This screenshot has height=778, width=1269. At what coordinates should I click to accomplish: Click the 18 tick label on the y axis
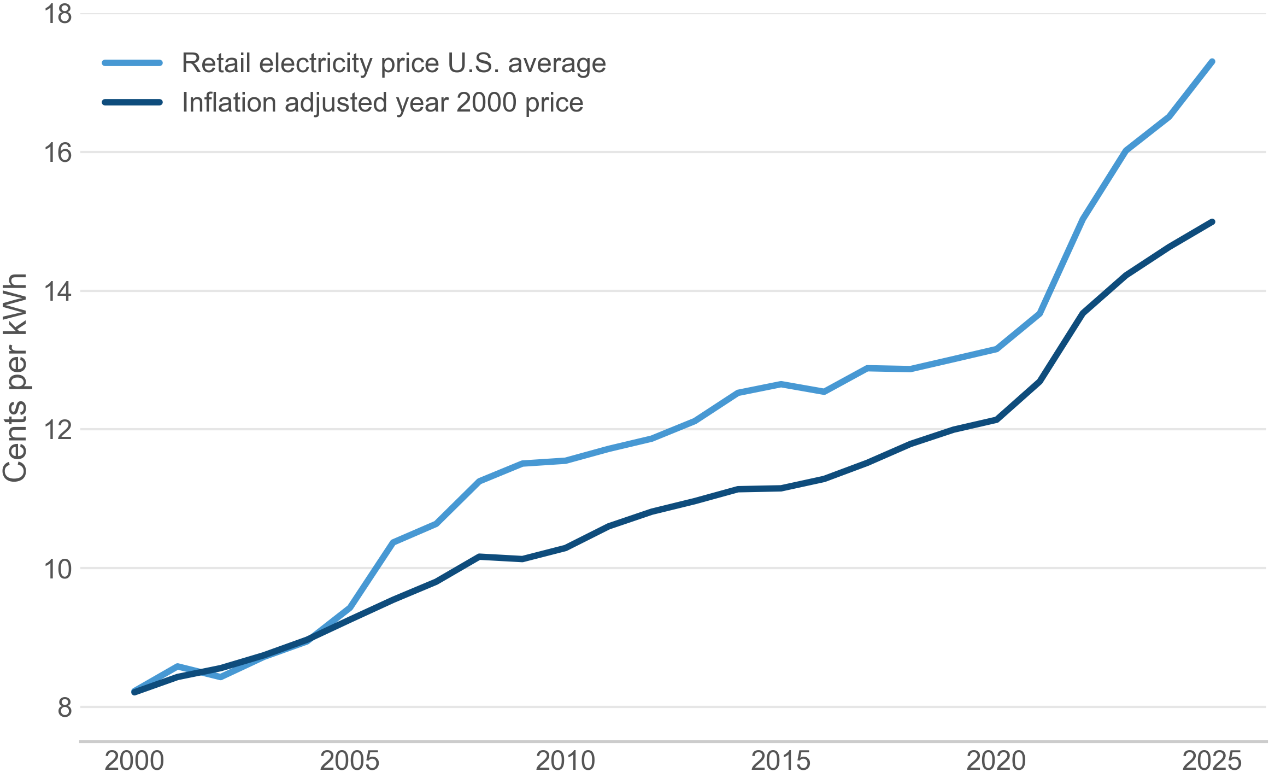pyautogui.click(x=57, y=14)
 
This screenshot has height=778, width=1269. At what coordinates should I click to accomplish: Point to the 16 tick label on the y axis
pyautogui.click(x=57, y=153)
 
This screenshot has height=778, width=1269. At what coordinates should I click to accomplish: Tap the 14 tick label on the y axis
pyautogui.click(x=57, y=291)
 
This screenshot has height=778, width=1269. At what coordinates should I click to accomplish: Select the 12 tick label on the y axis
pyautogui.click(x=57, y=430)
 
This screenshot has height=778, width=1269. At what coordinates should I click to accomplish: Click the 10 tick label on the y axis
pyautogui.click(x=57, y=569)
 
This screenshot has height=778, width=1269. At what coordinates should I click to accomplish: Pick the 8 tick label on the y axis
pyautogui.click(x=64, y=707)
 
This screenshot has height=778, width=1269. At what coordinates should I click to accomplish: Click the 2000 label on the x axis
pyautogui.click(x=134, y=761)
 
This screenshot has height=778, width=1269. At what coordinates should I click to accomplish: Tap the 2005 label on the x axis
pyautogui.click(x=349, y=761)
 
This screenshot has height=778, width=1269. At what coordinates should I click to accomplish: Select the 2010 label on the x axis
pyautogui.click(x=565, y=761)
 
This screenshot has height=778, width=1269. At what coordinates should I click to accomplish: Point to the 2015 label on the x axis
pyautogui.click(x=780, y=761)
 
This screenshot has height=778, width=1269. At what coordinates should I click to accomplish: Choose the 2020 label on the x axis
pyautogui.click(x=996, y=761)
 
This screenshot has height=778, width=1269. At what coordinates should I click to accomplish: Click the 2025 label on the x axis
pyautogui.click(x=1212, y=761)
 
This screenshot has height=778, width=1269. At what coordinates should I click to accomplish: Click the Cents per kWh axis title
pyautogui.click(x=15, y=377)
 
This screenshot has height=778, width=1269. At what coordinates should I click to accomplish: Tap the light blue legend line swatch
pyautogui.click(x=132, y=63)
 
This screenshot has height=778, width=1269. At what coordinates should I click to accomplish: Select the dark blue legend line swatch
pyautogui.click(x=132, y=102)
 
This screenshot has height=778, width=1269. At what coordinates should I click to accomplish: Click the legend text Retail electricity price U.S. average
pyautogui.click(x=393, y=63)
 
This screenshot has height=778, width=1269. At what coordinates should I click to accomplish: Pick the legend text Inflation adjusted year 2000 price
pyautogui.click(x=383, y=102)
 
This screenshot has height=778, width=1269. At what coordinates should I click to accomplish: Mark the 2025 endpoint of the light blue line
pyautogui.click(x=1212, y=62)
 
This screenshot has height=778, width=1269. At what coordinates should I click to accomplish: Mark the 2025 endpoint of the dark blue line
pyautogui.click(x=1212, y=222)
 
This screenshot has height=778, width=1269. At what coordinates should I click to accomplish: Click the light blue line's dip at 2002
pyautogui.click(x=220, y=677)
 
